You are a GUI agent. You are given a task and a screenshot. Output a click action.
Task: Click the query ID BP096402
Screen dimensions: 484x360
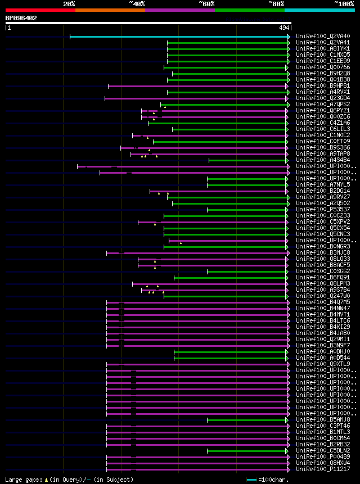pos(21,18)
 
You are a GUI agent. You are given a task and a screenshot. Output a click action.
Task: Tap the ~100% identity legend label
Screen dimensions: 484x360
pos(344,4)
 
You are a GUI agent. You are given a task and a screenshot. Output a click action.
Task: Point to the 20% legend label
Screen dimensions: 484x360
pos(69,4)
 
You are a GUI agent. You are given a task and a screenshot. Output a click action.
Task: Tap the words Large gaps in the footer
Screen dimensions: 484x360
pos(22,480)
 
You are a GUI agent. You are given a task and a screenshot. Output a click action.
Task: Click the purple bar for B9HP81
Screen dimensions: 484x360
pos(197,86)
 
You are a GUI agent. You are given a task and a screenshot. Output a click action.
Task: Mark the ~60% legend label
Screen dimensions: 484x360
pos(206,4)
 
